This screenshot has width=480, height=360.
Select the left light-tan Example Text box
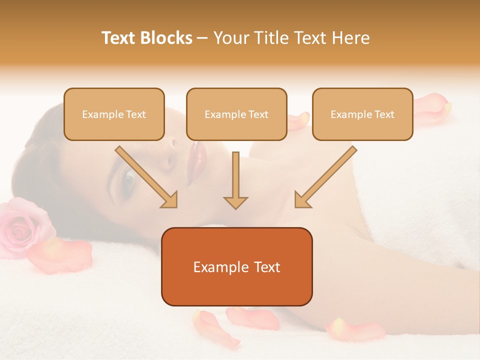click(x=114, y=114)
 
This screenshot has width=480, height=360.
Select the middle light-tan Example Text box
click(x=236, y=114)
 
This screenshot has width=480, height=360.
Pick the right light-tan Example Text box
click(x=362, y=114)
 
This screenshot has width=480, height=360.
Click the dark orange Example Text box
click(x=236, y=267)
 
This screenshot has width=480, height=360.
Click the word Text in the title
click(x=119, y=38)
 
